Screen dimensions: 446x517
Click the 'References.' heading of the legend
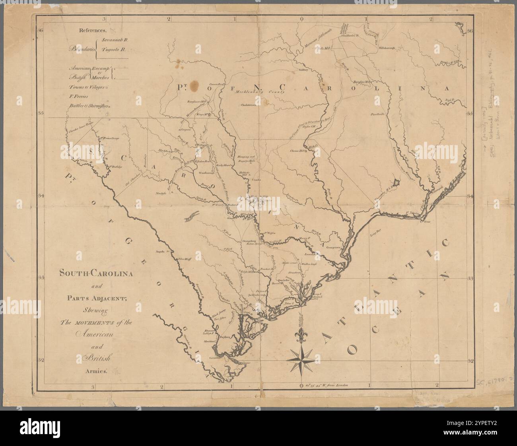(x=92, y=30)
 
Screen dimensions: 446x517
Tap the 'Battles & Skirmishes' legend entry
(x=90, y=106)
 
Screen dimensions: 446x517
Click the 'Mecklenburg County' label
(x=260, y=92)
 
